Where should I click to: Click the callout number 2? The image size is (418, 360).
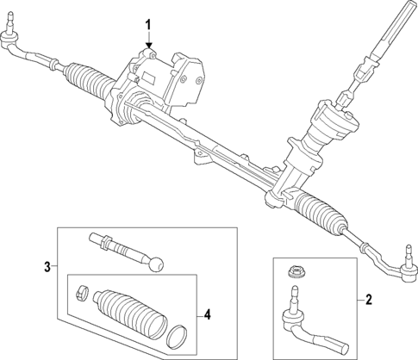pos(369,300)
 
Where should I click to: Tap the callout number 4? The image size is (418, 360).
pos(207,315)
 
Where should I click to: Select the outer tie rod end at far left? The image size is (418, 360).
pos(10,41)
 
